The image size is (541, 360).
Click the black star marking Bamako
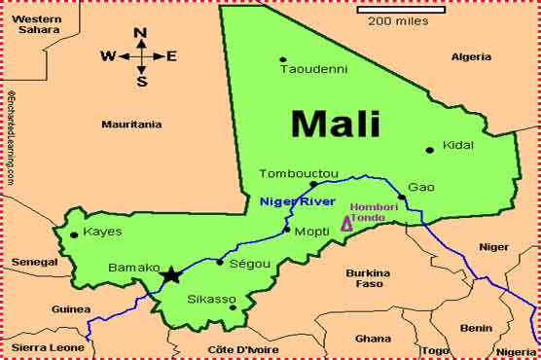pyautogui.click(x=171, y=275)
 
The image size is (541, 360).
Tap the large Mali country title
pyautogui.click(x=335, y=124)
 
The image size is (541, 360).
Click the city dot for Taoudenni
pyautogui.click(x=283, y=59)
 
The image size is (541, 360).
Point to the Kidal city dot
pyautogui.click(x=429, y=150)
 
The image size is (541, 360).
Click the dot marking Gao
pyautogui.click(x=401, y=198)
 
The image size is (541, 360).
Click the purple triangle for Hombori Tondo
pyautogui.click(x=346, y=224)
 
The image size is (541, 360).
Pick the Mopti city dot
pyautogui.click(x=286, y=231)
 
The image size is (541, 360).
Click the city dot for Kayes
pyautogui.click(x=74, y=234)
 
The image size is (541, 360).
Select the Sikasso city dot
pyautogui.click(x=232, y=307)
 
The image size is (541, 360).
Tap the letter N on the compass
pyautogui.click(x=140, y=33)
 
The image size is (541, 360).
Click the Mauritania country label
pyautogui.click(x=131, y=125)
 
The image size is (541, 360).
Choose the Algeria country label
pyautogui.click(x=472, y=56)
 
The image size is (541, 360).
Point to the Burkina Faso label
pyautogui.click(x=368, y=278)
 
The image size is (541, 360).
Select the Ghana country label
pyautogui.click(x=373, y=339)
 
